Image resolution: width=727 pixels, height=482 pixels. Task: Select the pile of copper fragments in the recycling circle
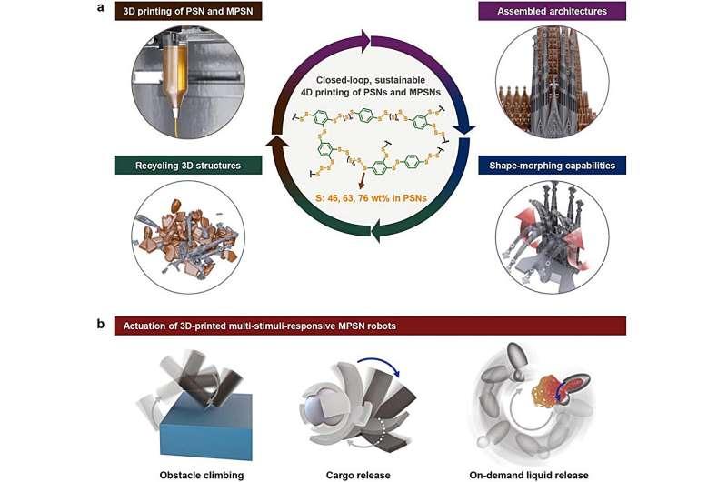pyautogui.click(x=186, y=232)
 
